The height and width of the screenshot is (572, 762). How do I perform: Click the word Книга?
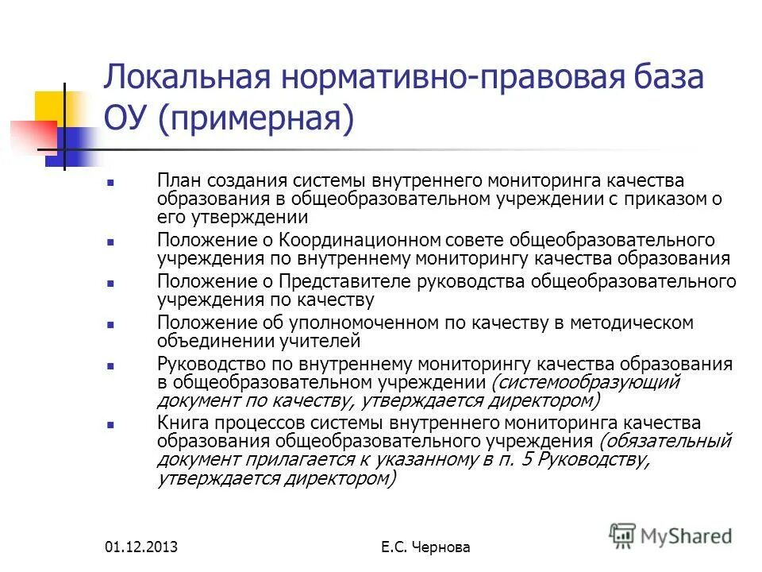(x=180, y=423)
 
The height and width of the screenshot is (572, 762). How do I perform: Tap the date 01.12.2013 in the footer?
(x=140, y=547)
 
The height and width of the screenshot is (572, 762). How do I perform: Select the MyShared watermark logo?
(x=672, y=535)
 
